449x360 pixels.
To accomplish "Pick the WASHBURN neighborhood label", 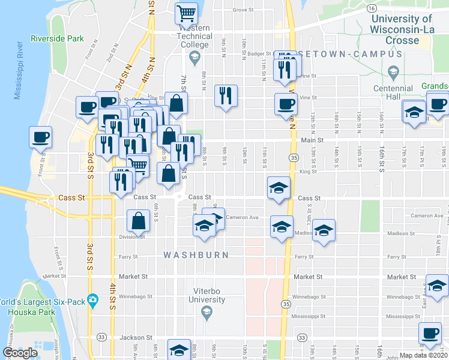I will (196, 255).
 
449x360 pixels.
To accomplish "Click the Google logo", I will (20, 353).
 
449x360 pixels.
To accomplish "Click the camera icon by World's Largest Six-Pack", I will (92, 299).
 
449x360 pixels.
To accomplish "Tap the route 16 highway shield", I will (372, 8).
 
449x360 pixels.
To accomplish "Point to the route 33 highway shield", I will (102, 337).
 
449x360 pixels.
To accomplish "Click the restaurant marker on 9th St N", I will (226, 95).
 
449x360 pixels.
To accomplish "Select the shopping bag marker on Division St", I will (139, 221).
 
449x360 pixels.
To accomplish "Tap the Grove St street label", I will (244, 10).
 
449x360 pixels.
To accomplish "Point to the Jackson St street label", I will (133, 338).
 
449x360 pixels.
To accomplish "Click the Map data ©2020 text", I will (424, 355).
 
